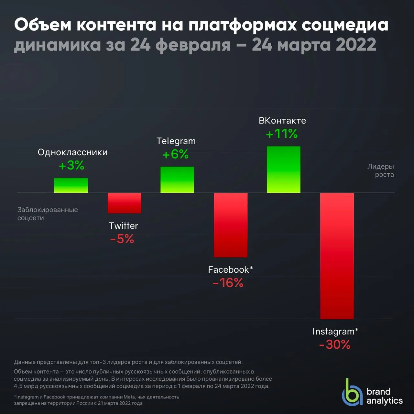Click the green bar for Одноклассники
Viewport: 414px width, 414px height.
tap(71, 185)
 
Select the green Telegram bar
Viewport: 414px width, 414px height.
tap(177, 180)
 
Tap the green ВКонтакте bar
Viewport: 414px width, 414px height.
tap(284, 169)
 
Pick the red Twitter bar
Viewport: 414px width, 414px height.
tap(125, 203)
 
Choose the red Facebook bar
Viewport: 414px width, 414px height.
tap(231, 225)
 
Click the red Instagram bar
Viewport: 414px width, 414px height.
tap(337, 256)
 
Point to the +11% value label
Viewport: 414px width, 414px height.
tap(282, 134)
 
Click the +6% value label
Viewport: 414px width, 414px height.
tap(176, 154)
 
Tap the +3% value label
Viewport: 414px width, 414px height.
tap(71, 165)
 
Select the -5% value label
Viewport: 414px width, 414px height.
tap(122, 239)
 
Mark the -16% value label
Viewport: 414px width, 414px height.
tap(228, 283)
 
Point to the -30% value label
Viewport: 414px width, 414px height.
tap(335, 344)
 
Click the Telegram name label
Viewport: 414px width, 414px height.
tap(176, 141)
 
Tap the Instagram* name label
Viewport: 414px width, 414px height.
tap(335, 332)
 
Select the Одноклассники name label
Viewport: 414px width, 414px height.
tap(73, 152)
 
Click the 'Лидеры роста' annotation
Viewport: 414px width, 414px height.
tap(381, 170)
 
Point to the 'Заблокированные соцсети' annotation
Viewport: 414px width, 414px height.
tap(48, 214)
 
